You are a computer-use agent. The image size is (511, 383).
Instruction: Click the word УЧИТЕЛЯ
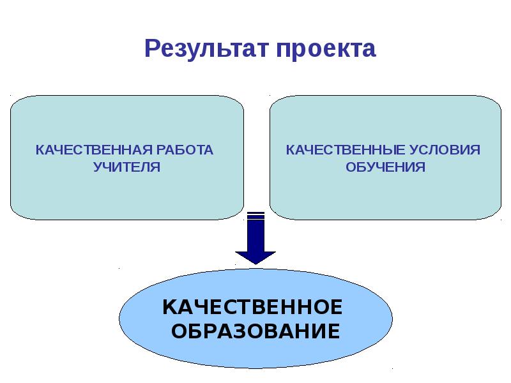[x=126, y=167]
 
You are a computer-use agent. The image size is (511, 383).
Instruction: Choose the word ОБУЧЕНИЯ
[x=385, y=167]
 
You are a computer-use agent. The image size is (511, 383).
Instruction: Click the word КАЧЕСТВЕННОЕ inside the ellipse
[x=253, y=307]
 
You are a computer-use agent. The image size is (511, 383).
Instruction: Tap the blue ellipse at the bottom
[x=256, y=354]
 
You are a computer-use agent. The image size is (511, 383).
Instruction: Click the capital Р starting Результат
[x=152, y=49]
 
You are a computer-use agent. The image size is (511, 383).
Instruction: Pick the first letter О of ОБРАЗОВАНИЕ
[x=181, y=332]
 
